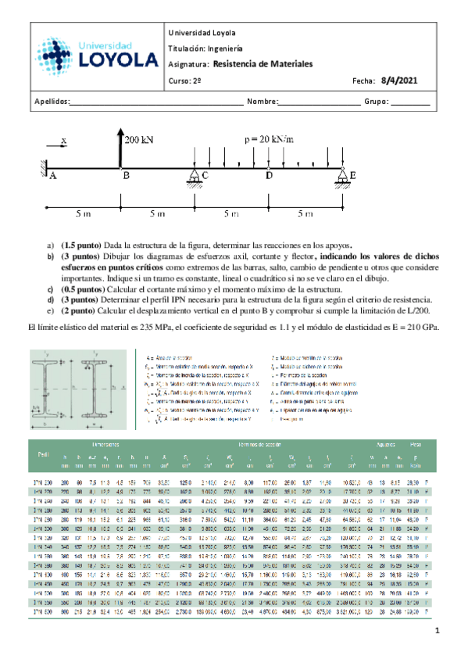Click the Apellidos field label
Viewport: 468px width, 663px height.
[52, 102]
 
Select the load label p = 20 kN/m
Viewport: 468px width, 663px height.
[268, 138]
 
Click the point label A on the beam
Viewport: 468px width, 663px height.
[52, 177]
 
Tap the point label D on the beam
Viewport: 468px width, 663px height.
[270, 177]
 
